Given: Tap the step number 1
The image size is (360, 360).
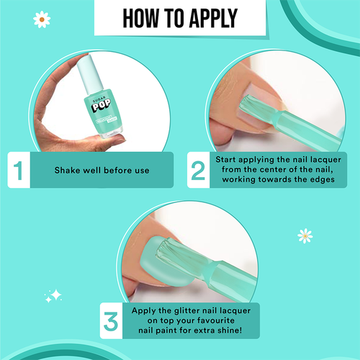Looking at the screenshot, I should click(22, 171).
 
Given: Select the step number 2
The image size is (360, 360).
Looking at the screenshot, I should click(198, 170).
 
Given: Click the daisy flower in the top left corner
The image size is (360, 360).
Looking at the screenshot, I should click(42, 20).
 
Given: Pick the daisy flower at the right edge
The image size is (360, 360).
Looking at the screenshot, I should click(305, 235).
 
